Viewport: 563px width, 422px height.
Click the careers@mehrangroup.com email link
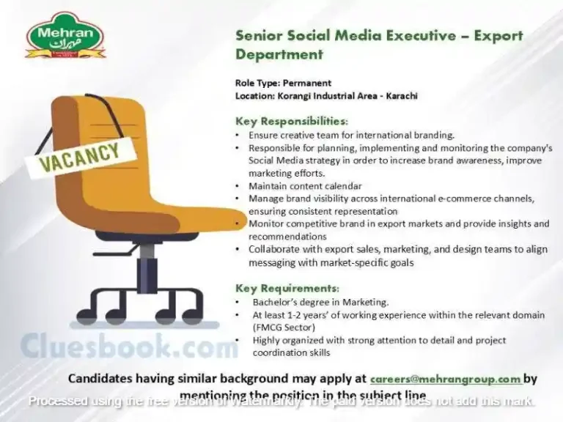446,379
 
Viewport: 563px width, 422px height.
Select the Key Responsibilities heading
291,121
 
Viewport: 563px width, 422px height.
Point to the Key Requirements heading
287,288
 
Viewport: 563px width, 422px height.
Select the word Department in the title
279,54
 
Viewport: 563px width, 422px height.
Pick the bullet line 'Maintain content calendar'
305,186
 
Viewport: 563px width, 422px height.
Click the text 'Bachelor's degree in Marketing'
320,302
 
